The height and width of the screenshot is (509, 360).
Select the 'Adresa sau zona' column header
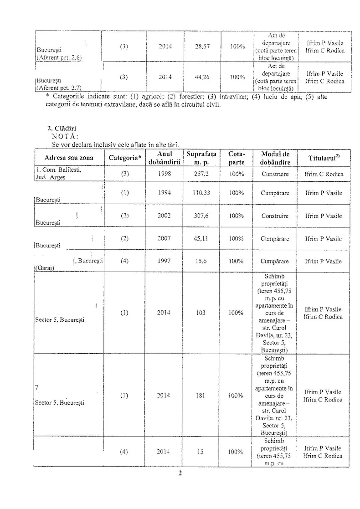click(x=69, y=158)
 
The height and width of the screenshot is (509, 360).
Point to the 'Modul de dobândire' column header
click(x=275, y=158)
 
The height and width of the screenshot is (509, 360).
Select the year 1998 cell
click(x=164, y=174)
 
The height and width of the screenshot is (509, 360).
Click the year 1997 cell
click(x=164, y=262)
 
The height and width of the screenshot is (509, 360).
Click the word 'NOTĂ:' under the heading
click(x=64, y=136)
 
